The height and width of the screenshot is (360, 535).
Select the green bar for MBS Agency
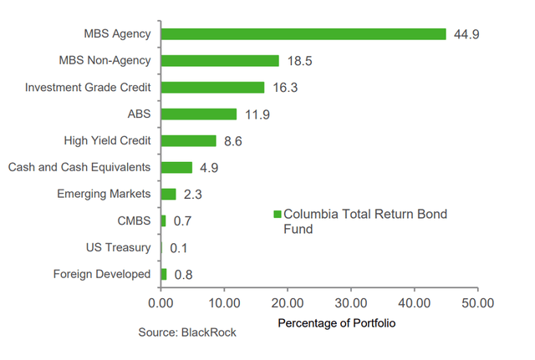point(303,34)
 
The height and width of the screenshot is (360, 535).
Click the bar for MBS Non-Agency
point(220,61)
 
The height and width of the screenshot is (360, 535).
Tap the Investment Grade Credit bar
point(212,88)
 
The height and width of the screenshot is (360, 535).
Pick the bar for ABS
point(199,114)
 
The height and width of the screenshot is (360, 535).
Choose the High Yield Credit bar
point(188,141)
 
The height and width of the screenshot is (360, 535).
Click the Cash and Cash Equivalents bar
point(176,167)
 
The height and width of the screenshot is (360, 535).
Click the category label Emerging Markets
point(104,194)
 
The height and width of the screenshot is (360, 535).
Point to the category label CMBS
point(135,221)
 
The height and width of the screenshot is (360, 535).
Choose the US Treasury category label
point(118,247)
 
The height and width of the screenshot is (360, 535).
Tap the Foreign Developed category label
point(102,274)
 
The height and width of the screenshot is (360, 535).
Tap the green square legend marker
point(278,215)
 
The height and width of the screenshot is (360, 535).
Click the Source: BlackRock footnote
point(187,332)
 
